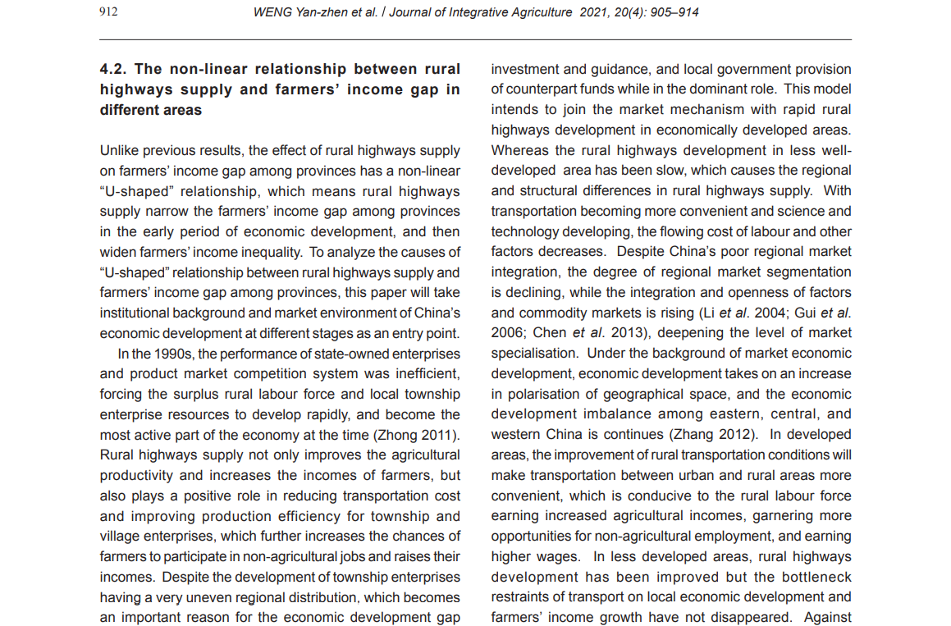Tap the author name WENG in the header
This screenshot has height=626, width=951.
coord(274,12)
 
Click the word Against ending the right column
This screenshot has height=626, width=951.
coord(827,618)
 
